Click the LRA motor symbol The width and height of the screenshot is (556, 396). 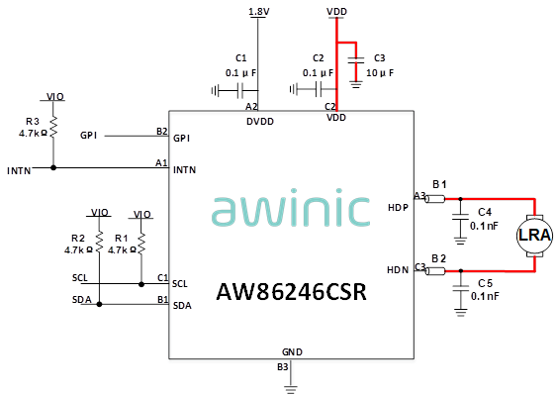(x=534, y=236)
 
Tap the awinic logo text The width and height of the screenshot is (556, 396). (x=291, y=211)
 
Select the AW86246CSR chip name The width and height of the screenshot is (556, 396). (x=291, y=292)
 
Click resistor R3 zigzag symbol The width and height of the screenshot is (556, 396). (x=53, y=127)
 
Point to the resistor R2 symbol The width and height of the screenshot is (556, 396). (x=99, y=242)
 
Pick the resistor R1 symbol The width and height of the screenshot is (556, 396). (x=141, y=244)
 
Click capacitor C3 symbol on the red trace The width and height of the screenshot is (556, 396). (x=355, y=60)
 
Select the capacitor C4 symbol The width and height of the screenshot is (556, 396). (x=460, y=217)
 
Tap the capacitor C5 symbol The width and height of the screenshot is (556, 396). (x=460, y=288)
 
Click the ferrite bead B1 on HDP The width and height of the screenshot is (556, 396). (x=434, y=199)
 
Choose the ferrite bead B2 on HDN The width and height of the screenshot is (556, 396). (x=434, y=271)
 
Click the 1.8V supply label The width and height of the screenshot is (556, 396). (x=259, y=12)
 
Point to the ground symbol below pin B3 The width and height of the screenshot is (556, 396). (x=291, y=389)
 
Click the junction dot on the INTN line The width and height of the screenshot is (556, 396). (x=53, y=167)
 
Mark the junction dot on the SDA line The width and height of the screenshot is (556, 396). (x=99, y=304)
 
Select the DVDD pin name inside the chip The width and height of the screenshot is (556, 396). (x=260, y=122)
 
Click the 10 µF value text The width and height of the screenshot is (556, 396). (x=380, y=73)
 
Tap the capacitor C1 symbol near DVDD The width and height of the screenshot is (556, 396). (x=240, y=90)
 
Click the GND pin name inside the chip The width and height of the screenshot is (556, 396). (x=292, y=352)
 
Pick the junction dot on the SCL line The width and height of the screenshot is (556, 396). (x=141, y=284)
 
